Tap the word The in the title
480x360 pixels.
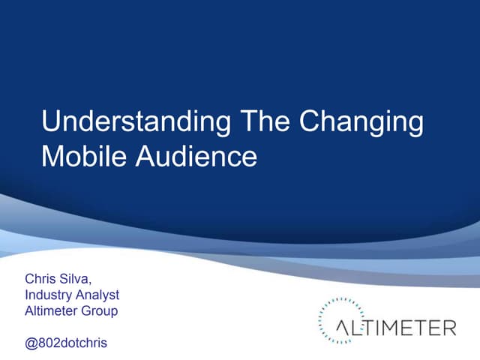[263, 122]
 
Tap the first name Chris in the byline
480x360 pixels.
[40, 280]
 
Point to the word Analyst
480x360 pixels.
[97, 295]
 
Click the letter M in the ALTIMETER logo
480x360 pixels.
[388, 328]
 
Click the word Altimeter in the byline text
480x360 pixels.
[51, 310]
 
